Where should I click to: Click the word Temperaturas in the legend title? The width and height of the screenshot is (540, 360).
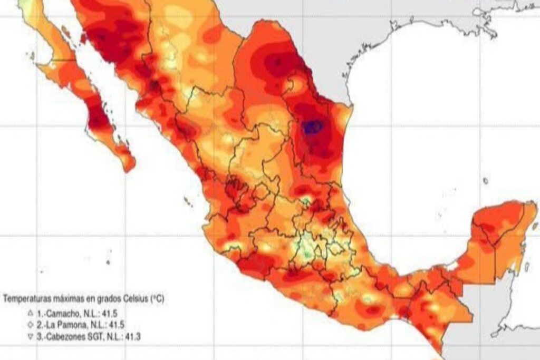click(x=25, y=299)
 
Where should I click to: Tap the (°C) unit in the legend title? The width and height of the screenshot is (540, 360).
click(x=157, y=299)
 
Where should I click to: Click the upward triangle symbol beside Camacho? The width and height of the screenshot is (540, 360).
click(x=31, y=313)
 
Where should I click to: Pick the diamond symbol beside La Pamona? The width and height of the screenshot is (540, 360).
click(x=31, y=325)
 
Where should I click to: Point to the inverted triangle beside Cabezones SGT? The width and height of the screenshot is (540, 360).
click(x=31, y=336)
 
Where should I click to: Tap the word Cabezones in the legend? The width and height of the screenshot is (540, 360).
click(x=65, y=336)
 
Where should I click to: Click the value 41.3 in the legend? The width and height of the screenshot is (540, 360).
click(x=134, y=336)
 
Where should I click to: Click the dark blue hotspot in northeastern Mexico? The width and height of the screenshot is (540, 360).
click(x=312, y=127)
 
